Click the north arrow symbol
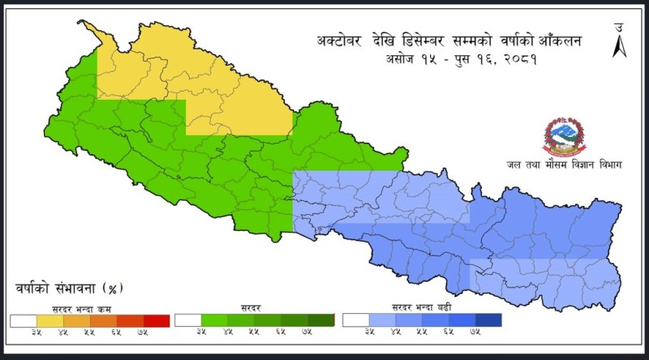point(617,42)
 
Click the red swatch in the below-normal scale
point(157,320)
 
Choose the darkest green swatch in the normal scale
point(322,320)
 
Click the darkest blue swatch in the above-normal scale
point(488,320)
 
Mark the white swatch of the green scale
point(188,320)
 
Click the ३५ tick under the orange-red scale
point(37,332)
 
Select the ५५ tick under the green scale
point(255,332)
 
